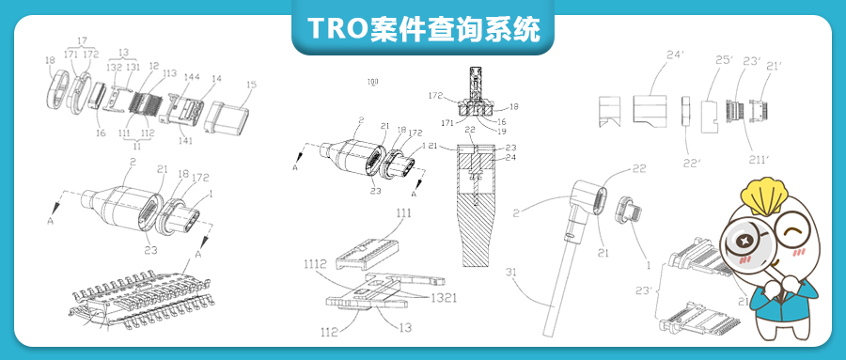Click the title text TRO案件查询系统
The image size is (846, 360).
422,28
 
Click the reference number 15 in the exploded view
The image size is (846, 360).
250,86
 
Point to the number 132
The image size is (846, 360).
114,68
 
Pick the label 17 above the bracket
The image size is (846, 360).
82,40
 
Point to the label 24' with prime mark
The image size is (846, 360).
673,55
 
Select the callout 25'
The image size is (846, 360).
723,60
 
